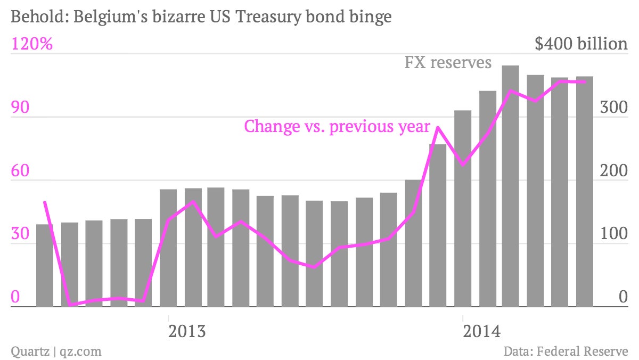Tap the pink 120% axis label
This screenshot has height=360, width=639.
click(32, 44)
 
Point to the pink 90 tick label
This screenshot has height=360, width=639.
click(20, 107)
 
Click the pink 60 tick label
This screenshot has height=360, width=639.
click(20, 170)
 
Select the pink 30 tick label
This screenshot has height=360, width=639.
click(20, 234)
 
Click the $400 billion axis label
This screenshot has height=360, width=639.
click(581, 44)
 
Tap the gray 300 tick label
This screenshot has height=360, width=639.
click(613, 107)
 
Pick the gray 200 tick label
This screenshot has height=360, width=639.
click(613, 170)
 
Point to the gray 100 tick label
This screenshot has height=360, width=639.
click(614, 234)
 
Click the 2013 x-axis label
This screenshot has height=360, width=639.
click(187, 331)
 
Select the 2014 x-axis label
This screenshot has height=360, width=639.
click(481, 331)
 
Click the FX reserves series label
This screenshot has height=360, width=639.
click(448, 62)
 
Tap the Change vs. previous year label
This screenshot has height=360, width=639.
click(337, 126)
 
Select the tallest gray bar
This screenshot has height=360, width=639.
click(511, 186)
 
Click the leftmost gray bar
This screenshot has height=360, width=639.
click(45, 266)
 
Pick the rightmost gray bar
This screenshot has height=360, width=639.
click(585, 191)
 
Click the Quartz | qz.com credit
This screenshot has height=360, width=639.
click(56, 351)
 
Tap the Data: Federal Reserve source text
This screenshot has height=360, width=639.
click(566, 351)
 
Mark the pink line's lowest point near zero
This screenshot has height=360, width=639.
click(70, 305)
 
